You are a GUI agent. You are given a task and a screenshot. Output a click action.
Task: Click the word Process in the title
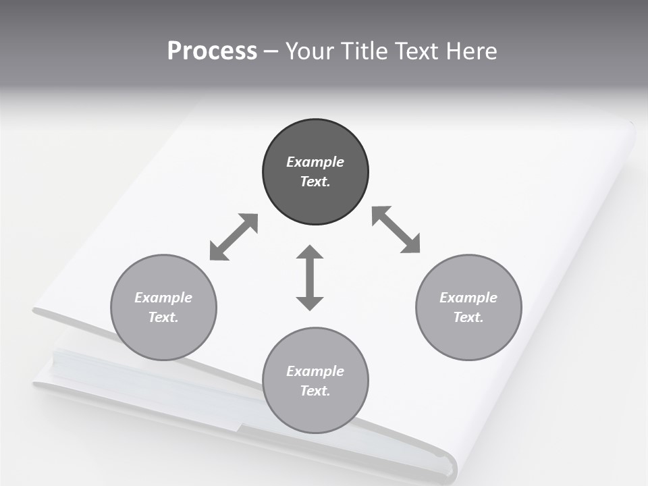212,51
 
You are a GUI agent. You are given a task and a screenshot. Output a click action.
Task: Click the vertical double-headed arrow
310,277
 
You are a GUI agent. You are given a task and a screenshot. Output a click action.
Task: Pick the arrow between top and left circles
234,237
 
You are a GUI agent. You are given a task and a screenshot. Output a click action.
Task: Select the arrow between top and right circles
396,230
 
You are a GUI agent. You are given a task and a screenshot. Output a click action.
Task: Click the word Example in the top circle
315,162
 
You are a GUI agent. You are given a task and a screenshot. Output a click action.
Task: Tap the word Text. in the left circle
163,317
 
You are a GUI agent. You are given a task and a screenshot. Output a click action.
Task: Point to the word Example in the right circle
468,298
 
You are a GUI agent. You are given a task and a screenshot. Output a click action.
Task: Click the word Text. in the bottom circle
315,391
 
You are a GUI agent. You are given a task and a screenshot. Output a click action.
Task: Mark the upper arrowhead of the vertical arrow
310,253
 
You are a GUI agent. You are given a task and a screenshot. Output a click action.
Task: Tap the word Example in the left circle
163,298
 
